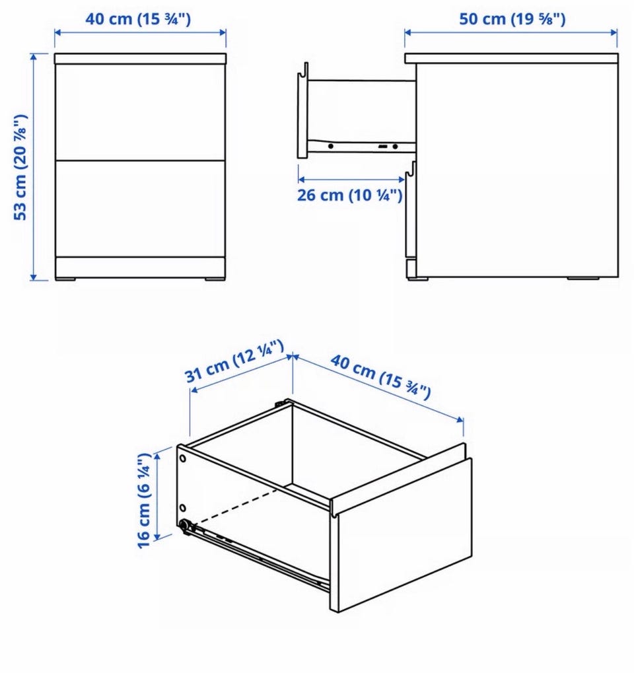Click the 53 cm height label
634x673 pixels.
[x=20, y=167]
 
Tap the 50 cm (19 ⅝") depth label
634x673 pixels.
[x=512, y=19]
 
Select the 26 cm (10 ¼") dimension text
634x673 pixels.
[x=350, y=195]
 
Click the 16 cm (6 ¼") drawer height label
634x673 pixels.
[x=144, y=499]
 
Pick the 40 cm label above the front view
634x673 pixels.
[x=138, y=19]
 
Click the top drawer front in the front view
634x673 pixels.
[x=141, y=112]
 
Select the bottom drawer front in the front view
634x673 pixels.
[x=141, y=209]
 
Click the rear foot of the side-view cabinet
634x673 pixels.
[x=583, y=279]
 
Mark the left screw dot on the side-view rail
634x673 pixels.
[x=330, y=147]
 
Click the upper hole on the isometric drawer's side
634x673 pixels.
[x=183, y=458]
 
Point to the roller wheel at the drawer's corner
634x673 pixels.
[x=186, y=525]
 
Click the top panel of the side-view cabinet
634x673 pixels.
[x=511, y=58]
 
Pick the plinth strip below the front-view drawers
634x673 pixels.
[x=141, y=267]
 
